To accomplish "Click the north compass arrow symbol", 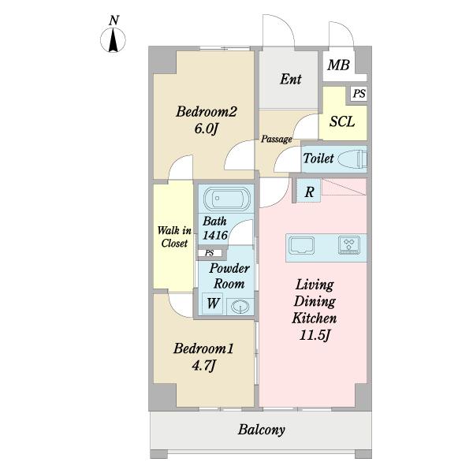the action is (x=113, y=40).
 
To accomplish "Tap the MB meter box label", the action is (x=338, y=65).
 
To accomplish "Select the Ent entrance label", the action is (x=290, y=79).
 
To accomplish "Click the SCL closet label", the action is (x=342, y=121).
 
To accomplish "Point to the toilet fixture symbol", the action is (x=352, y=158).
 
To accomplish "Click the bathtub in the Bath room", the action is (x=226, y=199).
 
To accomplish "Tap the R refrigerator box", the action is (x=309, y=192).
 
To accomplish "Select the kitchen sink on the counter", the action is (x=302, y=245).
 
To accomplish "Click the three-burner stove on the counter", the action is (x=349, y=245).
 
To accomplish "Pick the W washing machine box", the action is (x=212, y=304).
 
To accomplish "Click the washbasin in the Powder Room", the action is (x=240, y=307).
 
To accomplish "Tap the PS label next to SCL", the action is (x=359, y=94).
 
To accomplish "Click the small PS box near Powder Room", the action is (x=210, y=253).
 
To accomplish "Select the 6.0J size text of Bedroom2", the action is (x=206, y=129).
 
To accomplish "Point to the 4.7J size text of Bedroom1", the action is (x=203, y=367).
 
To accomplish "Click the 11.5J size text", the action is (x=315, y=336).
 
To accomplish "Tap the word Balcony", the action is (x=261, y=430).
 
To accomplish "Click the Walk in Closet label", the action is (x=174, y=236).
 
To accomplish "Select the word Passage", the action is (x=277, y=139).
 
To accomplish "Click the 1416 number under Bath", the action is (x=214, y=235).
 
